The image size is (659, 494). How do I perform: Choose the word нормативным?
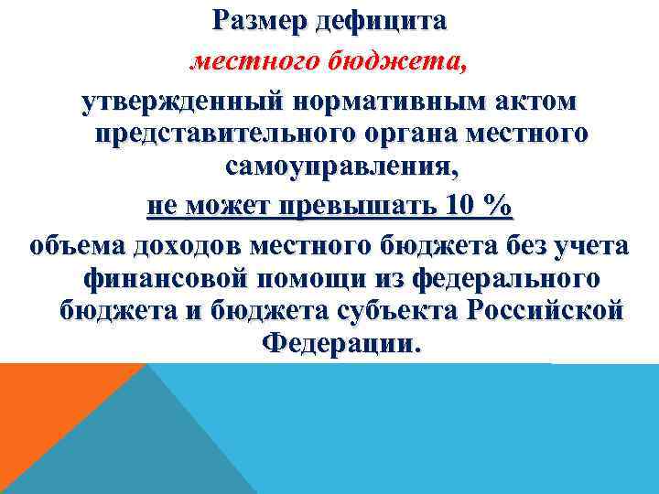pos(365,99)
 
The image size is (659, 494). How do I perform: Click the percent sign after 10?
pos(498,207)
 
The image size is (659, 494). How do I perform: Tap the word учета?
pos(589,245)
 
